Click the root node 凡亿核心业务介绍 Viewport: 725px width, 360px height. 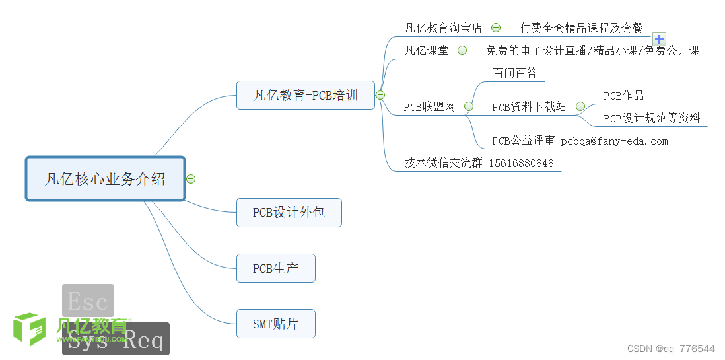click(105, 178)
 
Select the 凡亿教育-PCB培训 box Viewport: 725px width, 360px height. click(305, 95)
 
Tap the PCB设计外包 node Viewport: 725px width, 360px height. click(289, 213)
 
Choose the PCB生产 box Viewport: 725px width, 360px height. click(275, 268)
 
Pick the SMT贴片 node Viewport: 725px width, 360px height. click(275, 324)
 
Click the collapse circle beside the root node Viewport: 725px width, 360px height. click(191, 178)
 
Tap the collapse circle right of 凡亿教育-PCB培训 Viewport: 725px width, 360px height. click(380, 95)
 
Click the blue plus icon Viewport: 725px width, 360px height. click(659, 39)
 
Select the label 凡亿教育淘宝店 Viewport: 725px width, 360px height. click(443, 28)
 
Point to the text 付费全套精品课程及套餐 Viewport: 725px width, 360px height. click(581, 28)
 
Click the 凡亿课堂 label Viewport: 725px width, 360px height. click(427, 50)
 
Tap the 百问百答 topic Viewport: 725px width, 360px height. click(515, 73)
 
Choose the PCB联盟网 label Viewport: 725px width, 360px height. click(429, 107)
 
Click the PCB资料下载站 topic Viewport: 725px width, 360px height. click(529, 107)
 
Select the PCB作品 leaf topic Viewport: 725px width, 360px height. click(623, 96)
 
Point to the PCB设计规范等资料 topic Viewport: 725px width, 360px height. click(652, 119)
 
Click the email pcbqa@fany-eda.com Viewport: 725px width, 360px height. click(614, 141)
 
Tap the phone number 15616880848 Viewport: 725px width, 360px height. click(521, 163)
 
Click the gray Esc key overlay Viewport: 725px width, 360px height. click(88, 301)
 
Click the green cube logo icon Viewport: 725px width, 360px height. click(30, 328)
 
